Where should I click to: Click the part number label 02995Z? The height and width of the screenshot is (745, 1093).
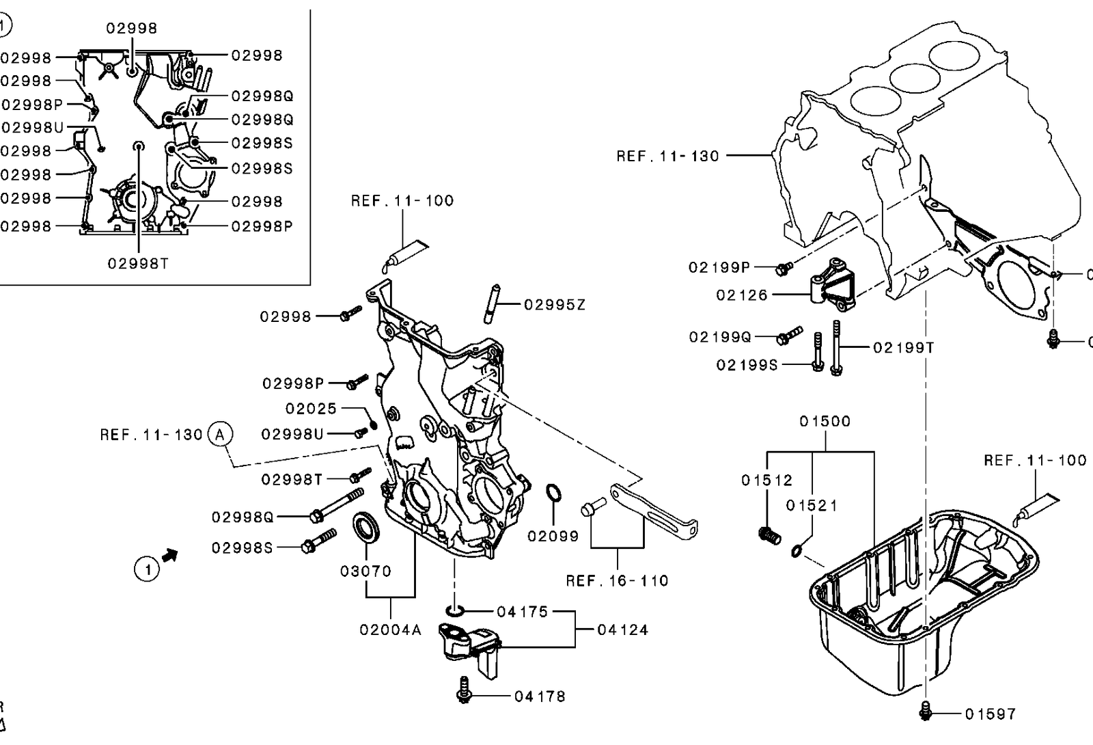point(554,305)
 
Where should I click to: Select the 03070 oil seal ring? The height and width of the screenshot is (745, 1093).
point(365,527)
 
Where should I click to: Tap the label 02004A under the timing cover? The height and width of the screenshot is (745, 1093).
point(390,629)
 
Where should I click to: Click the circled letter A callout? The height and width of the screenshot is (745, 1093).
point(220,434)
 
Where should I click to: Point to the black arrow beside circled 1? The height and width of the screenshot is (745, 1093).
point(170,555)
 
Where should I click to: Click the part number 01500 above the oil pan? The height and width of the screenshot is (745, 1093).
point(825,421)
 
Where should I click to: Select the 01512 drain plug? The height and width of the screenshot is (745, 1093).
point(770,536)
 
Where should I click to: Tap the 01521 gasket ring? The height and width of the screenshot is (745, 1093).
point(797,552)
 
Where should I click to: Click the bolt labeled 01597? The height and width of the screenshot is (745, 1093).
point(925,711)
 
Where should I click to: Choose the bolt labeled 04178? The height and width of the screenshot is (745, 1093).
point(464,690)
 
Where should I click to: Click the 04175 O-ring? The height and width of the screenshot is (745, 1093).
point(454,610)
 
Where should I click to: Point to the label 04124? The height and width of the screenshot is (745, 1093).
point(622,629)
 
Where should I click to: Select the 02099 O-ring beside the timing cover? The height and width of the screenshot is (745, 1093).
point(553,492)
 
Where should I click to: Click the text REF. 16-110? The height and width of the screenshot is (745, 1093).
point(617,581)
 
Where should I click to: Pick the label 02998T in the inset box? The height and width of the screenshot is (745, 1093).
point(138,264)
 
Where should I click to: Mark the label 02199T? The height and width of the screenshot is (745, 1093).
point(904,348)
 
